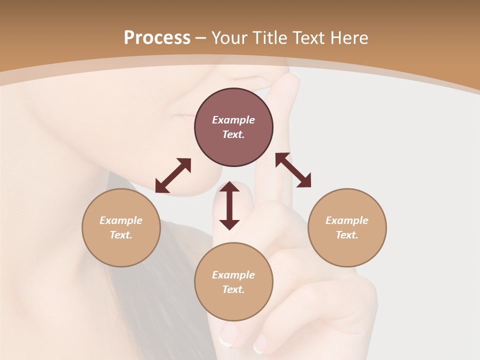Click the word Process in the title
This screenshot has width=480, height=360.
[157, 38]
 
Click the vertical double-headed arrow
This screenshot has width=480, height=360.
[229, 205]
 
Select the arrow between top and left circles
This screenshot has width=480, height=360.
[173, 175]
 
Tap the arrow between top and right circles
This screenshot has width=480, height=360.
[293, 170]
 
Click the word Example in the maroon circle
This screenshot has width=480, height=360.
[233, 120]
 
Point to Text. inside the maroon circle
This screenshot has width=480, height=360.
[233, 134]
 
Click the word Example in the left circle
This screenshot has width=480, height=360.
[121, 220]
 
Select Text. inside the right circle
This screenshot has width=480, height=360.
[347, 235]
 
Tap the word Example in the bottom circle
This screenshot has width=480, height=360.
[233, 275]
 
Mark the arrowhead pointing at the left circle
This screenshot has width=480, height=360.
[160, 187]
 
